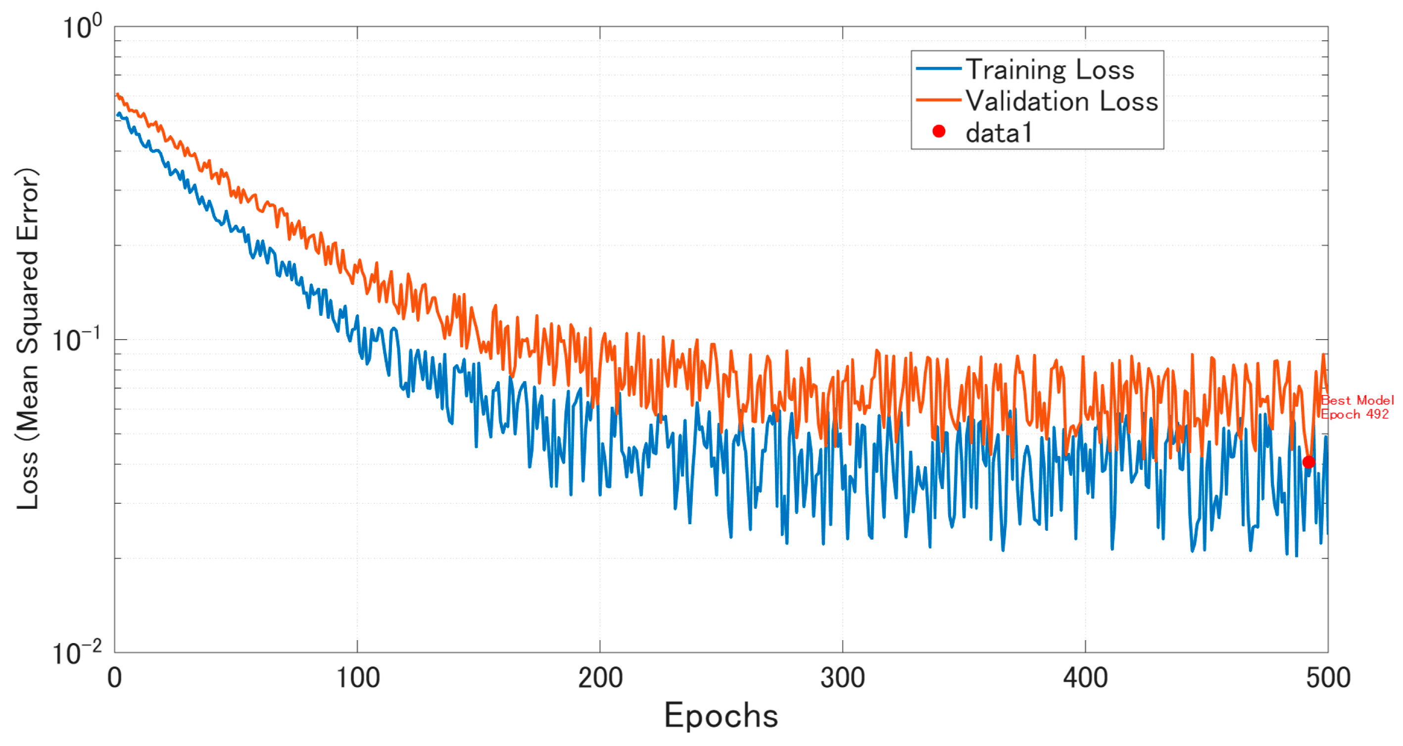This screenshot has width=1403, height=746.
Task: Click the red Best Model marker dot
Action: coord(1308,462)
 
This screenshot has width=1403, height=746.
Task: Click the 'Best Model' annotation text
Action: coord(1356,400)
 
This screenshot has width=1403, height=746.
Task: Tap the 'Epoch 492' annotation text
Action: coord(1355,414)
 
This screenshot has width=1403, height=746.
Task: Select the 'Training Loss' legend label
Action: coord(1050,70)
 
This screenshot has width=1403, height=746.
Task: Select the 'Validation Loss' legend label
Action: coord(1062,101)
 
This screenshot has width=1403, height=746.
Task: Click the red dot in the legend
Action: coord(938,131)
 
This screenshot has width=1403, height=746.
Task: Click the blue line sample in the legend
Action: coord(938,69)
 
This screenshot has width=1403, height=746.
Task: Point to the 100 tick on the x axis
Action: coord(357,678)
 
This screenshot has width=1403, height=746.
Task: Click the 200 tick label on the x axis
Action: coord(600,678)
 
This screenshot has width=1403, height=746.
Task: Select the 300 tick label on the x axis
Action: coord(843,678)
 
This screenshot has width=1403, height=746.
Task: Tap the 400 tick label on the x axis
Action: coord(1085,678)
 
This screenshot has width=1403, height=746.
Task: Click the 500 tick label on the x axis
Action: coord(1328,678)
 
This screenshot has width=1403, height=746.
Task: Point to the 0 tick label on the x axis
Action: coord(114,678)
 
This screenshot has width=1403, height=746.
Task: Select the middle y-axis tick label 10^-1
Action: coord(76,340)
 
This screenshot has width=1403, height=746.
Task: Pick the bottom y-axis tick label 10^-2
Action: coord(76,653)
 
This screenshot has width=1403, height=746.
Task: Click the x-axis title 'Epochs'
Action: coord(721,715)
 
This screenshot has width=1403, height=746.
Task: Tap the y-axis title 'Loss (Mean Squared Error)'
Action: coord(27,339)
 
